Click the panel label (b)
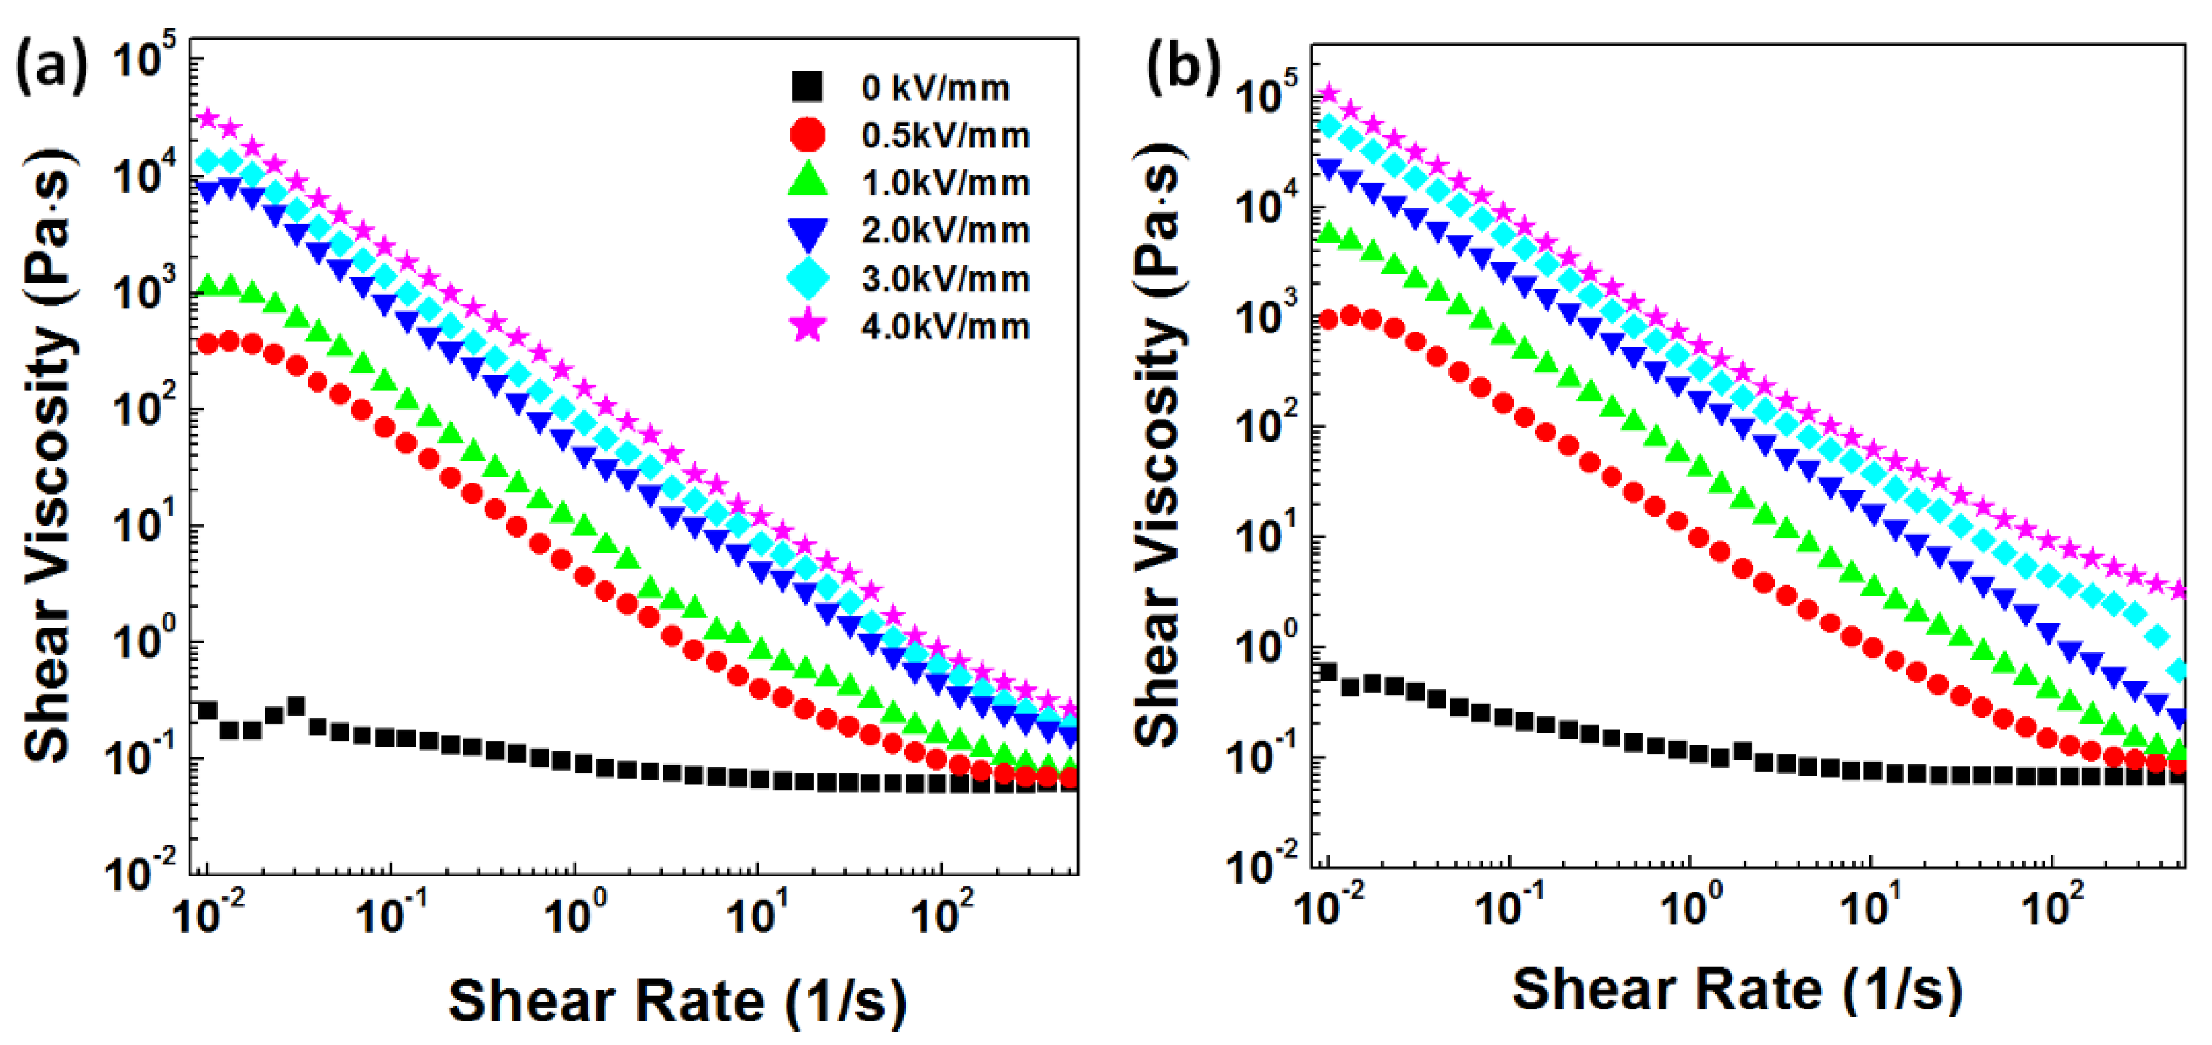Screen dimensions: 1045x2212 point(1182,67)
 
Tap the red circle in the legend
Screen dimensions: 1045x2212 point(807,135)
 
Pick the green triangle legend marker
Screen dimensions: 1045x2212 point(807,181)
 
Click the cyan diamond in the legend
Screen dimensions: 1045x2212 point(807,278)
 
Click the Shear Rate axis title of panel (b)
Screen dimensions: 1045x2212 point(1736,990)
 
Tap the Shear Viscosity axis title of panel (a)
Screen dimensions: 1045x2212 point(49,455)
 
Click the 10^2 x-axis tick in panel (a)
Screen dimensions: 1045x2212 point(942,914)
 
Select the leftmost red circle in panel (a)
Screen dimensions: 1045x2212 point(207,344)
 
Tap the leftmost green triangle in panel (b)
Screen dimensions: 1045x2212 point(1327,232)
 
